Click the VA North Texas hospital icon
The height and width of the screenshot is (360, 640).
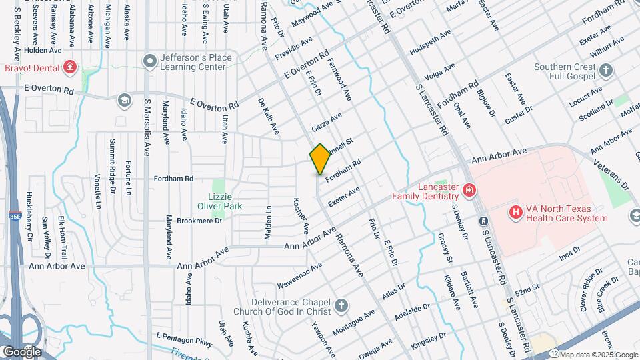[x=515, y=212]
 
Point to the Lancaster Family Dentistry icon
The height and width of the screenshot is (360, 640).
[x=470, y=191]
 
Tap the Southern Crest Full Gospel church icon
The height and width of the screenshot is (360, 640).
[x=606, y=71]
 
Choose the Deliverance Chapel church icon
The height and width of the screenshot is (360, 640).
[x=341, y=306]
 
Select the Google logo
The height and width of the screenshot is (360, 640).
[x=22, y=351]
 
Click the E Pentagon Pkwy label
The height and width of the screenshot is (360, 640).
[x=183, y=339]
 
